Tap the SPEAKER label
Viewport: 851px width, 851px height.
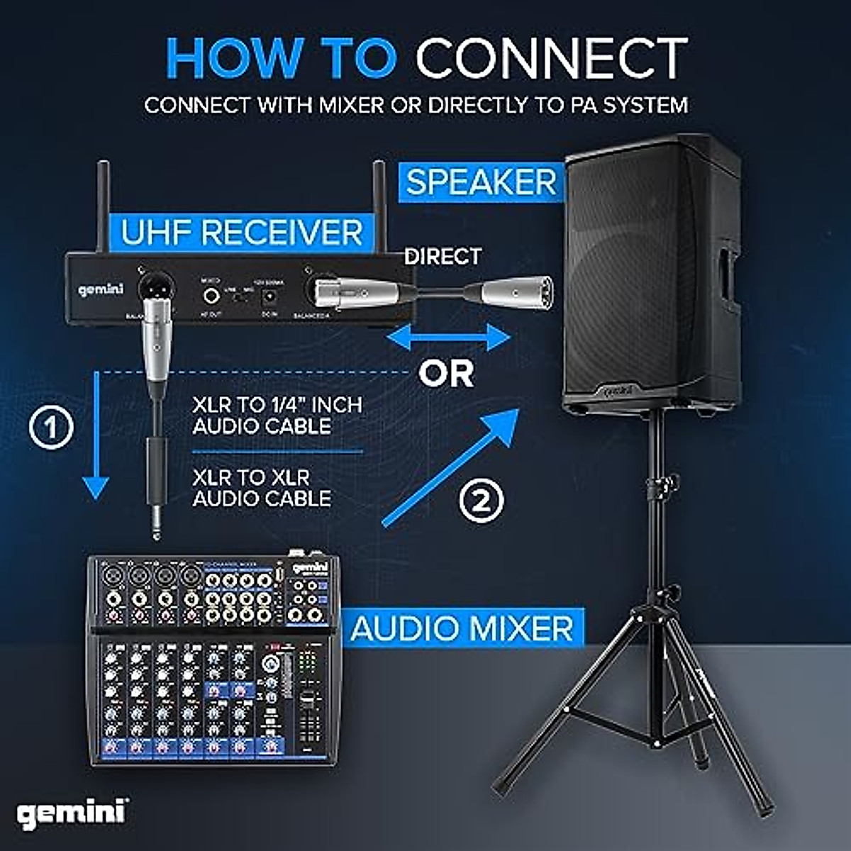(x=482, y=182)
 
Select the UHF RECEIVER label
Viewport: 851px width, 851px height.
(x=242, y=233)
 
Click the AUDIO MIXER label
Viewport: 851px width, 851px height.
(x=462, y=628)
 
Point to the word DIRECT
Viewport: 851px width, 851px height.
(x=443, y=256)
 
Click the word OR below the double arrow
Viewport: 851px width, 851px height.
(x=446, y=374)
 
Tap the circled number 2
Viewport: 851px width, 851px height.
(x=482, y=501)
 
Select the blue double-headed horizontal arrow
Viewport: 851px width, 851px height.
(x=448, y=338)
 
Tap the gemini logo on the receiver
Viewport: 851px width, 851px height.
(x=101, y=289)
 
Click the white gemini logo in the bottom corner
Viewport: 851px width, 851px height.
(x=72, y=813)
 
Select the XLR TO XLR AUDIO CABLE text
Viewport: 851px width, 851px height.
(x=261, y=488)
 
